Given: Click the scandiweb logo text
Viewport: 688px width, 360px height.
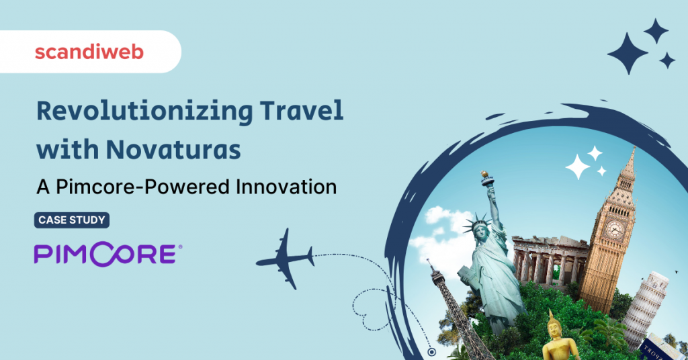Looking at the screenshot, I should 89,52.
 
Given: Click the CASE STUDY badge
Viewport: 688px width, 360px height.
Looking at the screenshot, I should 71,220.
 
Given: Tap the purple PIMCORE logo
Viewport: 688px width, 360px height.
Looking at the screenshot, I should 107,254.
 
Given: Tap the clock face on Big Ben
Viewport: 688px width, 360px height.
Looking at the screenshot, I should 613,229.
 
